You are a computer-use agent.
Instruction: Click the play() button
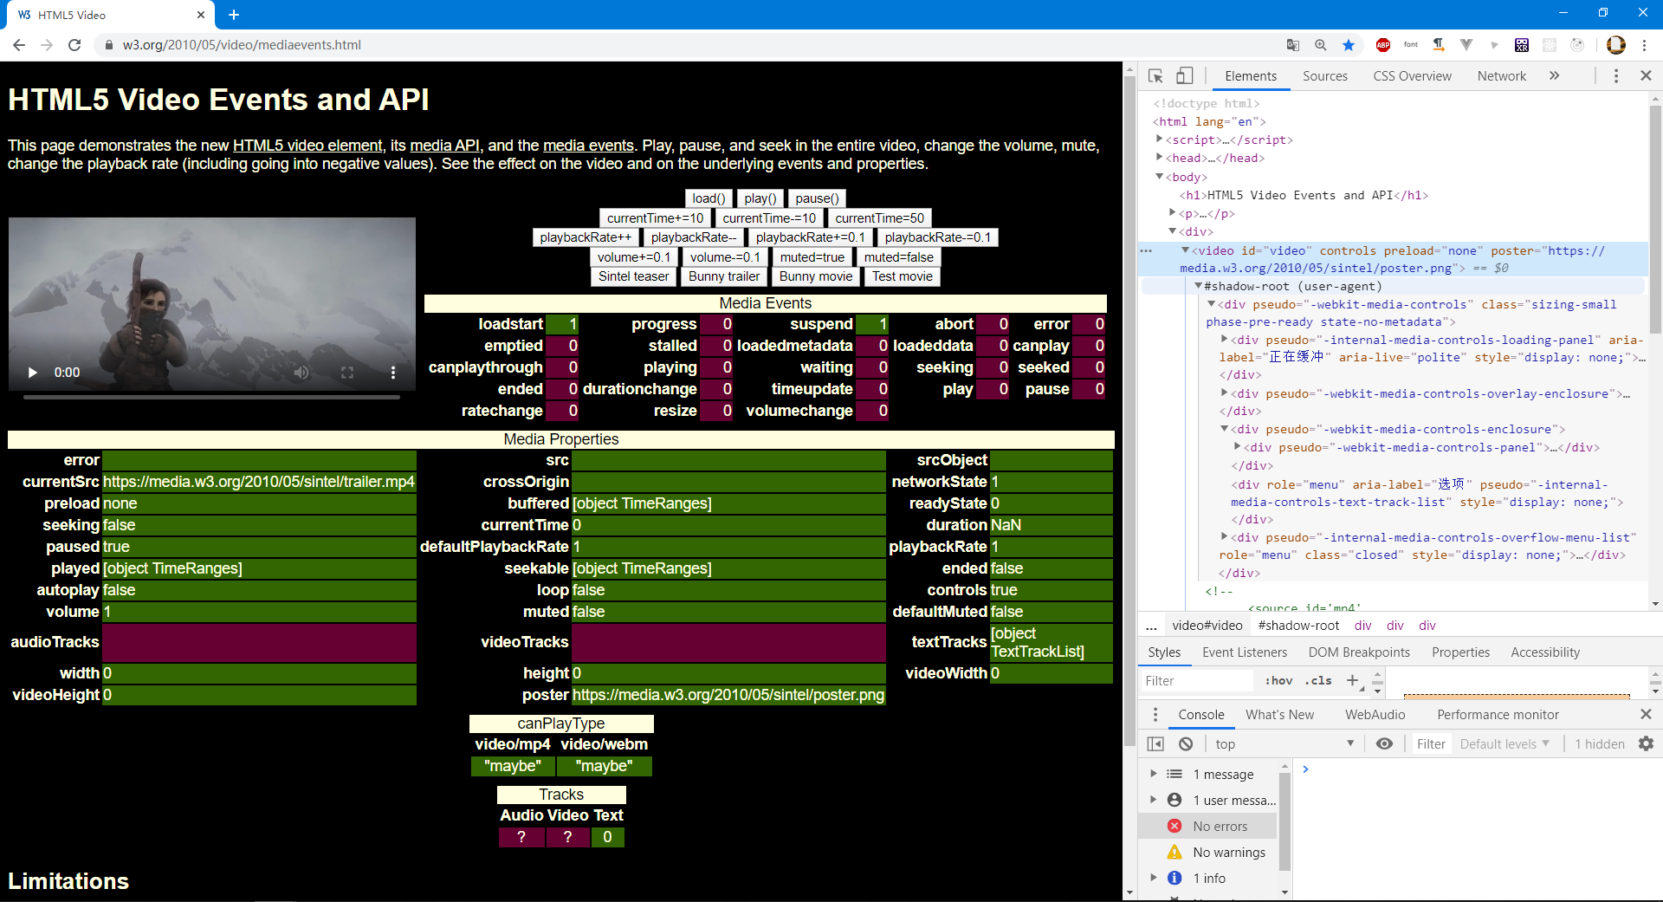760,198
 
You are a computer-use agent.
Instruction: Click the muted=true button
812,257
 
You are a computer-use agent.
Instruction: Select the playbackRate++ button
586,237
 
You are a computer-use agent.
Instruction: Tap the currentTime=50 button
879,218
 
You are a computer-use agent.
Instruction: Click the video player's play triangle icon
33,373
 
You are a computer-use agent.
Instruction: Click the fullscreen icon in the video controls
347,373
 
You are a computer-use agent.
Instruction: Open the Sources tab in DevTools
1324,76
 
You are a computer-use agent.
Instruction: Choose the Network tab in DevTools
1501,76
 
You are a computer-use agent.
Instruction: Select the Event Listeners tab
1244,652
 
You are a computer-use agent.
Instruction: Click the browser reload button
74,45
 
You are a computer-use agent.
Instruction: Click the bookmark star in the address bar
1349,45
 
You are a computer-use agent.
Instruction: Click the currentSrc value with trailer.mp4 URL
259,482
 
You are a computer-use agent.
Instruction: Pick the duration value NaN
1006,525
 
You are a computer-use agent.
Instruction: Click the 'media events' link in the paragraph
588,146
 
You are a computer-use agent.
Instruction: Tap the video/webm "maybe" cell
604,766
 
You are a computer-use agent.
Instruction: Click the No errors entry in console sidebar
1220,827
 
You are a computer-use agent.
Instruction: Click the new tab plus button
234,15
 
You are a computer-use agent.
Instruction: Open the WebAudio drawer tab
1375,715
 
